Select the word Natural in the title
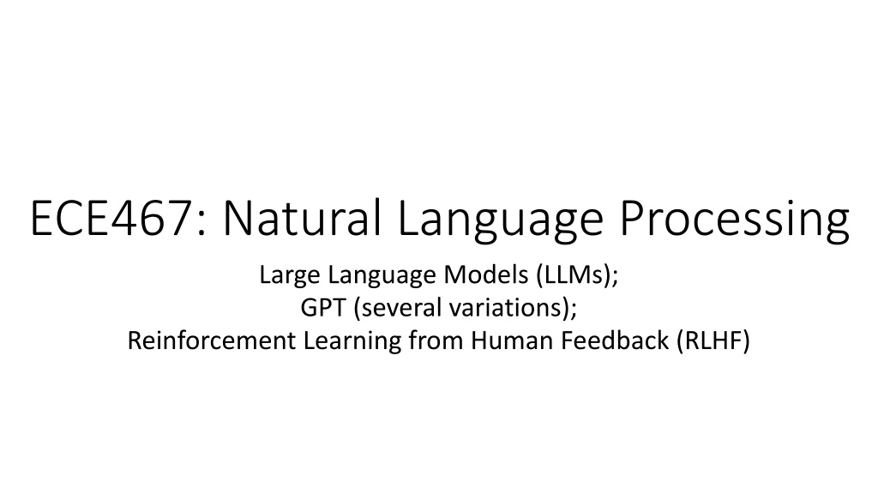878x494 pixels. pyautogui.click(x=303, y=217)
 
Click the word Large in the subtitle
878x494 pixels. pyautogui.click(x=290, y=275)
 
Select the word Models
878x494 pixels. pyautogui.click(x=486, y=274)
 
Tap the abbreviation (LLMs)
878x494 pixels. pyautogui.click(x=574, y=275)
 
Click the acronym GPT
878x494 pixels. pyautogui.click(x=323, y=308)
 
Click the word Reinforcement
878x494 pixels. pyautogui.click(x=212, y=340)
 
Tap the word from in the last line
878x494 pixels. pyautogui.click(x=436, y=340)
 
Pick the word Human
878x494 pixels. pyautogui.click(x=513, y=340)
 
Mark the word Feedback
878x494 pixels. pyautogui.click(x=615, y=340)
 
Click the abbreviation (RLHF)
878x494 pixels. pyautogui.click(x=713, y=340)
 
